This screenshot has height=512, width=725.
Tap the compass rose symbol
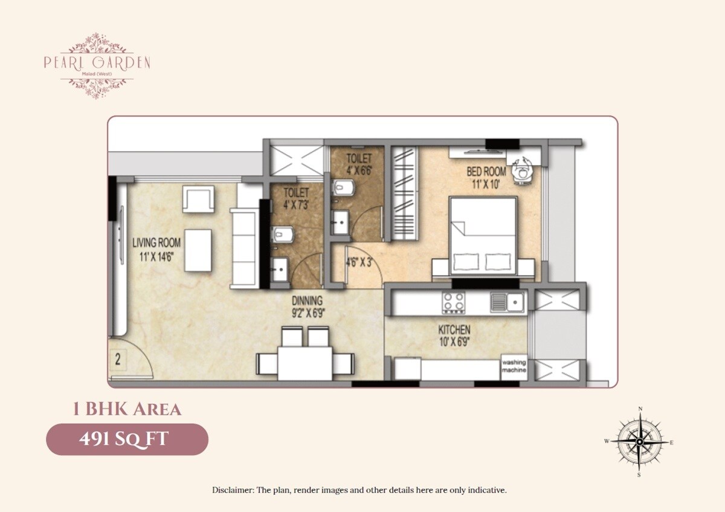point(639,442)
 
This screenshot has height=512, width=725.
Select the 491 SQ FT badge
point(127,439)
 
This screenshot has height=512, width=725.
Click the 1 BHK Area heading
point(127,409)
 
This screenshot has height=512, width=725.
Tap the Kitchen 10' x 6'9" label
point(454,335)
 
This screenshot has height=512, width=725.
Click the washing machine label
point(514,366)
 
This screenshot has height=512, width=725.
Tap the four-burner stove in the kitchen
point(454,302)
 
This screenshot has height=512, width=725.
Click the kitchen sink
point(506,301)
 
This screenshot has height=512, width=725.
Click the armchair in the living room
point(199,199)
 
